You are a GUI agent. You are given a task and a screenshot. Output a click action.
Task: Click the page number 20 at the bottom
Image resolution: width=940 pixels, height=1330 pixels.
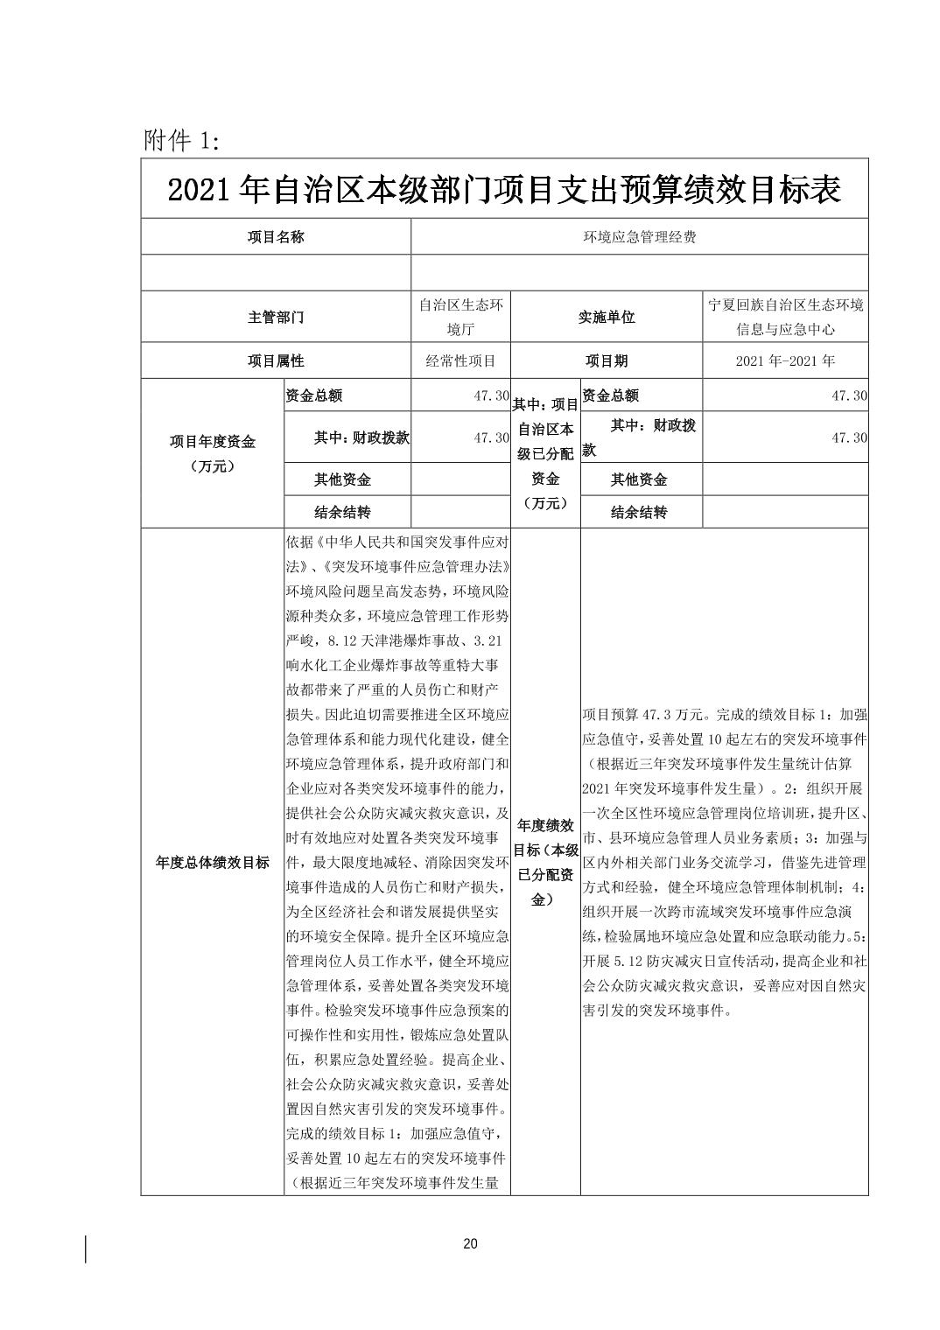(x=470, y=1244)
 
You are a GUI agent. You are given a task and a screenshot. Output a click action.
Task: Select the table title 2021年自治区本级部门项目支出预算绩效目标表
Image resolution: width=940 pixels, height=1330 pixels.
(x=504, y=190)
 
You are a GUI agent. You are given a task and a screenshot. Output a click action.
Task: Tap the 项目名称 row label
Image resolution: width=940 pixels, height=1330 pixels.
(x=276, y=237)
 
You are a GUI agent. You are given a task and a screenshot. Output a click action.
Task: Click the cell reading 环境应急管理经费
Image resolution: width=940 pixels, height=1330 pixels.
(x=640, y=237)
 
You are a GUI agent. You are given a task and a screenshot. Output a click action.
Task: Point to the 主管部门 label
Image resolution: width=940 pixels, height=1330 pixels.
(x=276, y=318)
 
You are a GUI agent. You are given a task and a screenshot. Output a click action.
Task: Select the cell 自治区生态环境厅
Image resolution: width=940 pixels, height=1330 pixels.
(x=460, y=318)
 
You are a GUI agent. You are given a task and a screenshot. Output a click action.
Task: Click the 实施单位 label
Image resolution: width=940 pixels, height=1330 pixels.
(x=606, y=318)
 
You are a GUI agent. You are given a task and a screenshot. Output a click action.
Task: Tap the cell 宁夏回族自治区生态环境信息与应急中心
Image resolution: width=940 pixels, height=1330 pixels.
(x=785, y=318)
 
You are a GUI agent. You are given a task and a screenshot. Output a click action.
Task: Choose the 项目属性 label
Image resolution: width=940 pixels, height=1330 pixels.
(x=276, y=360)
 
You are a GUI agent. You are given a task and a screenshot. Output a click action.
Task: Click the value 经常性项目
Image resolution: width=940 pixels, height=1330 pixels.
(x=460, y=360)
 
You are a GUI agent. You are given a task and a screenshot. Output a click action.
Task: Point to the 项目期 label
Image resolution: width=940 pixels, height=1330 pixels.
(x=606, y=360)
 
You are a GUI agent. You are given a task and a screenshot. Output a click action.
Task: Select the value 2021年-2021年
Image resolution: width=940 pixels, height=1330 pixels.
(x=785, y=360)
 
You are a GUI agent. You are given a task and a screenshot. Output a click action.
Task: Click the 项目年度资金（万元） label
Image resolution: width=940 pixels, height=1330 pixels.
(x=213, y=454)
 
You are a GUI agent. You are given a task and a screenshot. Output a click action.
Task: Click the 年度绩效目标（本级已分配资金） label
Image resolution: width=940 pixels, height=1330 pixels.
(x=545, y=862)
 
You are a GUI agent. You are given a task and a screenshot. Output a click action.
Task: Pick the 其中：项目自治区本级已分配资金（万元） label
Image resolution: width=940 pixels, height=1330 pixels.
(x=545, y=453)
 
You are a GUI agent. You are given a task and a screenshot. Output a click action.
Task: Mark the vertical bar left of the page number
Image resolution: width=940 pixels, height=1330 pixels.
(x=86, y=1249)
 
